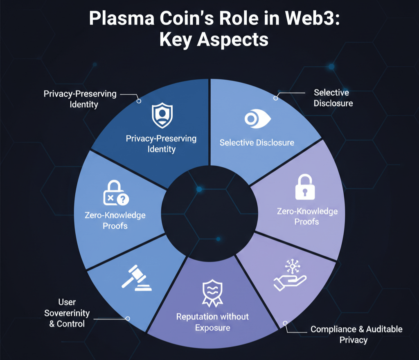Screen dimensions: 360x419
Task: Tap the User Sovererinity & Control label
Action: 67,313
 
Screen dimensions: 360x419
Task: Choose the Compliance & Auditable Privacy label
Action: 356,334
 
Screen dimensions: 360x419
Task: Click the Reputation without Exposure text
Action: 212,322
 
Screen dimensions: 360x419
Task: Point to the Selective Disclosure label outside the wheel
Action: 333,98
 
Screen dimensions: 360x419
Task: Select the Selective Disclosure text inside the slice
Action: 257,143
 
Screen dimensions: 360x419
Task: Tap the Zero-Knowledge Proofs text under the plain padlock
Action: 307,216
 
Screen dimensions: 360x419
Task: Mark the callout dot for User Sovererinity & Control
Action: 127,318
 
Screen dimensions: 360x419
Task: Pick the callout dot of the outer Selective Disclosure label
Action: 276,98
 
